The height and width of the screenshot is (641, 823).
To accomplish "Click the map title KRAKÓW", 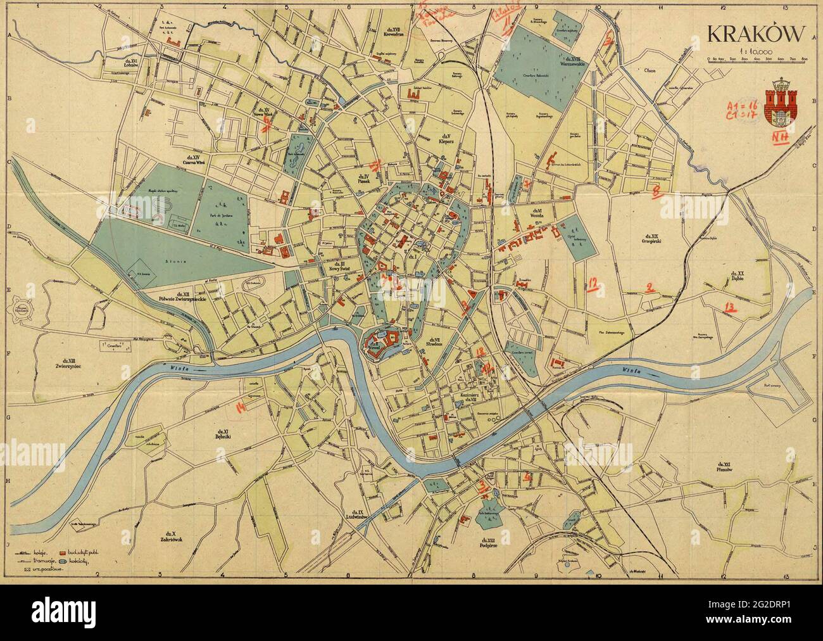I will pos(756,34).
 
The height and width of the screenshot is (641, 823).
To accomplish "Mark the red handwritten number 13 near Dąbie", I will pos(730,308).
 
